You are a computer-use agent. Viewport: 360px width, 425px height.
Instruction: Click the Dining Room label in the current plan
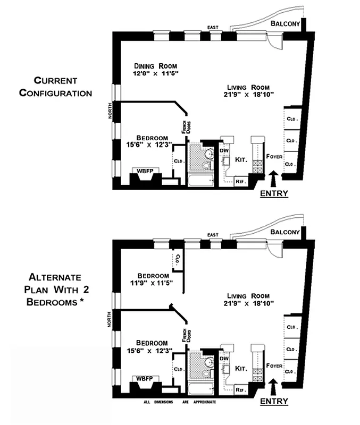tap(155, 66)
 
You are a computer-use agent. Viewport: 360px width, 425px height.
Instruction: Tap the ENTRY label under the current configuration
tap(274, 193)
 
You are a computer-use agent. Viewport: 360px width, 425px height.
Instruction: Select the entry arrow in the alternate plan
tap(274, 385)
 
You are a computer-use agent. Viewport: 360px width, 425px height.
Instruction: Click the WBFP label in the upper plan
tap(144, 171)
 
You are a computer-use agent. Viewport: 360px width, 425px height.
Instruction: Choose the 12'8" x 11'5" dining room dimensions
tap(155, 73)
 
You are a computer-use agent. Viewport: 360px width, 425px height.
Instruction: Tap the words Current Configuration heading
tap(55, 87)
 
